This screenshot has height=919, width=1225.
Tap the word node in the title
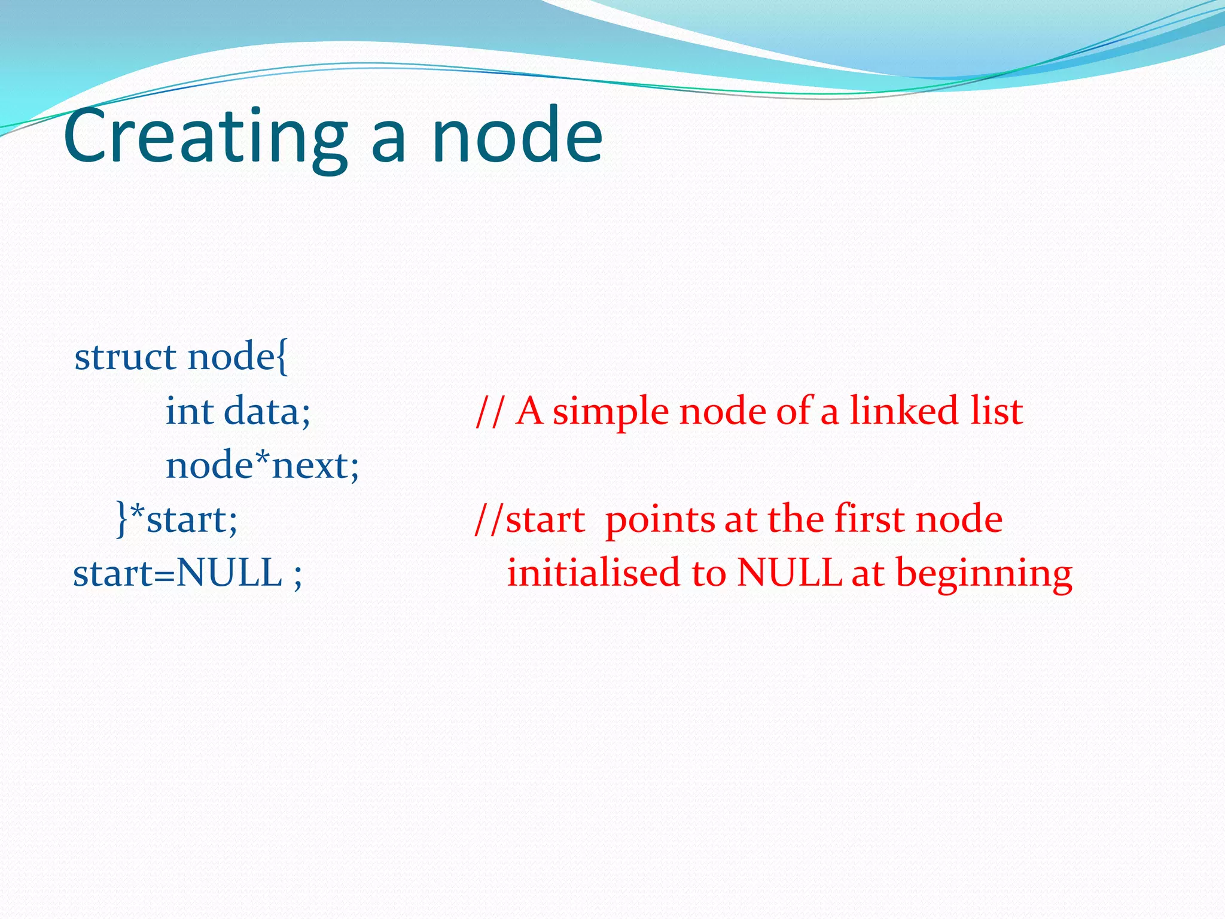coord(517,136)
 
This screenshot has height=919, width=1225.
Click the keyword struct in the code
coord(125,357)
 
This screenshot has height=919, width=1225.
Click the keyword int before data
coord(189,412)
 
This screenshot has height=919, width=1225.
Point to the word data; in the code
coord(267,412)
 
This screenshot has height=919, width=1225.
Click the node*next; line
coord(262,465)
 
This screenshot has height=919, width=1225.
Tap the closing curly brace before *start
coord(122,519)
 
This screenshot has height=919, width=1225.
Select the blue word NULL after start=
coord(229,573)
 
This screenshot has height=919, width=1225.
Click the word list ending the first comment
coord(997,412)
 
